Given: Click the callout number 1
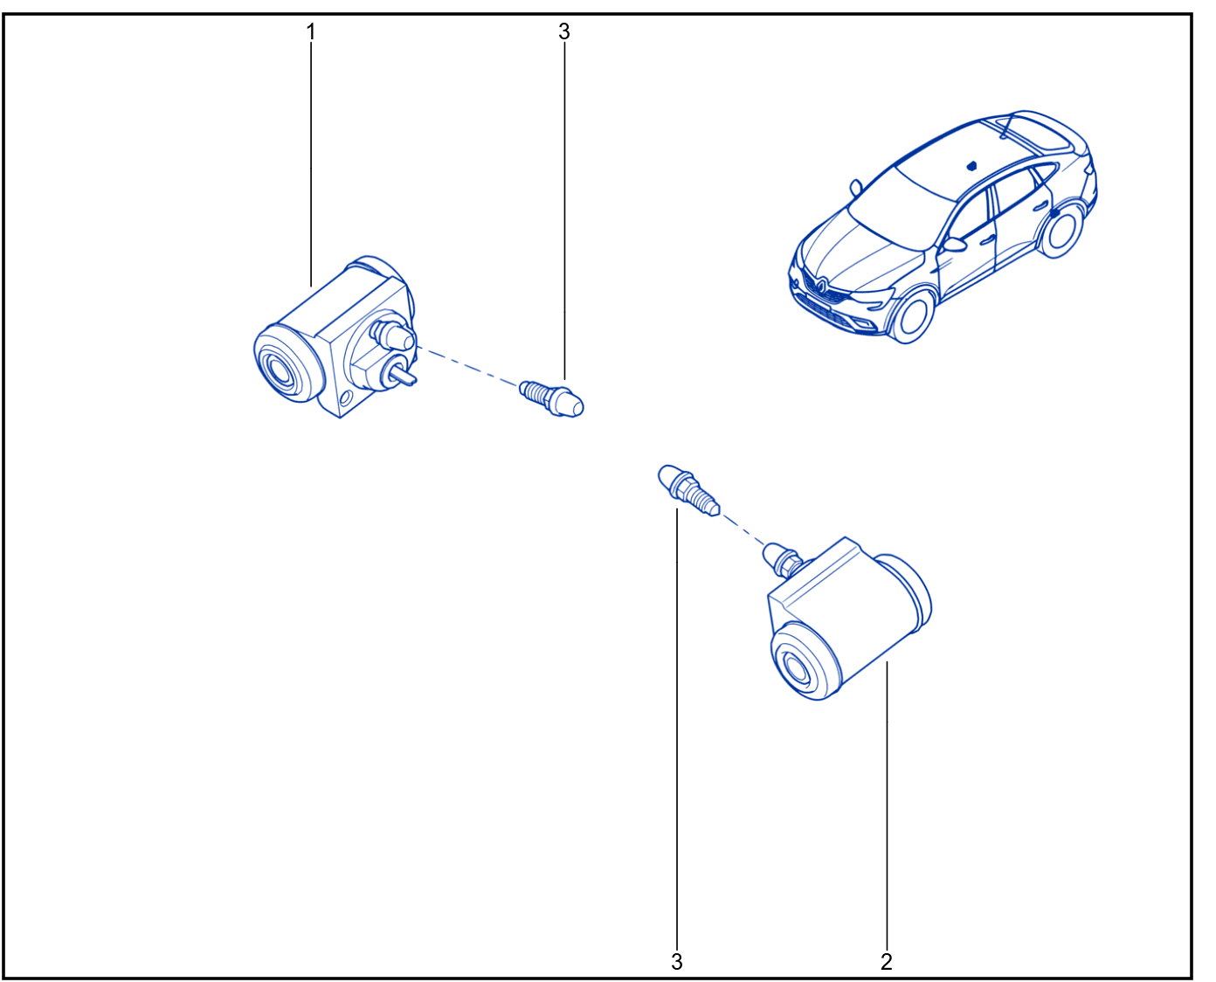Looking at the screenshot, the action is click(x=311, y=31).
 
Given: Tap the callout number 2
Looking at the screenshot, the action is click(x=886, y=962).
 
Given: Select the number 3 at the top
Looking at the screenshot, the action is click(x=564, y=31).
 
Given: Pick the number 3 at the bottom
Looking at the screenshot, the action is click(x=676, y=962).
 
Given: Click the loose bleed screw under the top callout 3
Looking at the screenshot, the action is click(x=551, y=398).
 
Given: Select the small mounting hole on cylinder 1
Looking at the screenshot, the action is click(x=344, y=398).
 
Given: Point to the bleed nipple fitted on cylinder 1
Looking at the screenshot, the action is click(x=392, y=335).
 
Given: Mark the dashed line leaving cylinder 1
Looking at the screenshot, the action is click(x=467, y=366).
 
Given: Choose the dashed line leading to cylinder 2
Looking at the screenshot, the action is click(x=743, y=529).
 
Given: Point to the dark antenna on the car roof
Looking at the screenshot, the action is click(x=971, y=166).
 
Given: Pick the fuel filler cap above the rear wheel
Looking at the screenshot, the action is click(x=1054, y=212).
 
